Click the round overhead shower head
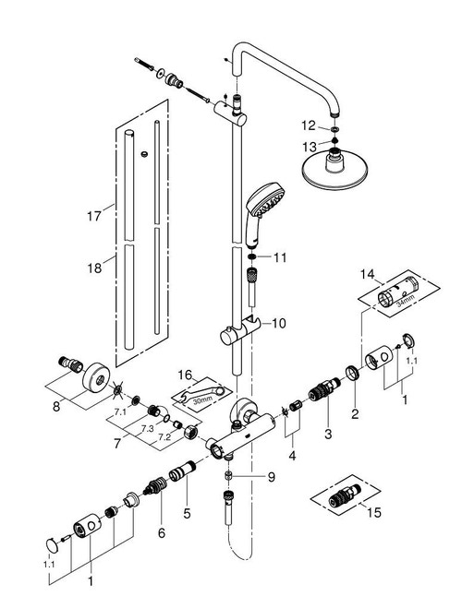pos(334,171)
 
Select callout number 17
pos(94,216)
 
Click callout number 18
pos(94,268)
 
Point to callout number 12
pos(309,125)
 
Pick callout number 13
pos(310,147)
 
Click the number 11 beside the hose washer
pos(280,257)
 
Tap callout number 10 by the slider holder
pos(279,324)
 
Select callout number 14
pos(368,274)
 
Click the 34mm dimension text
pos(405,303)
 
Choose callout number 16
pos(186,375)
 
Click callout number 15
pos(374,512)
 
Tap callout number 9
pos(271,477)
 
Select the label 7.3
pos(147,428)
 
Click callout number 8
pos(56,407)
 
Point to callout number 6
pos(162,533)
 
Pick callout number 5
pos(187,513)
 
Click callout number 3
pos(328,434)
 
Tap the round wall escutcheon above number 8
pos(95,377)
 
